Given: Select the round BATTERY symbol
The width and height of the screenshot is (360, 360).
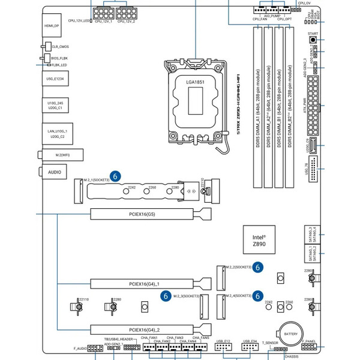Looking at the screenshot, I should (x=290, y=333).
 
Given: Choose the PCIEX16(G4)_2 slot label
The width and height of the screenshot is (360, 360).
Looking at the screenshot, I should (x=145, y=329).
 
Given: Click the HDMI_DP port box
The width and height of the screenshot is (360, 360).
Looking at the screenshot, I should (x=52, y=26).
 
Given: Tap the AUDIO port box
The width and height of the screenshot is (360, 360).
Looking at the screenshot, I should (x=55, y=172).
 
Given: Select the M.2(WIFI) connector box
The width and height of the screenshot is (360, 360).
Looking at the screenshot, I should (x=55, y=155).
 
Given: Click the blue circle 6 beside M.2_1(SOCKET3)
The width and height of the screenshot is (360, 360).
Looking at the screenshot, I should (x=116, y=176).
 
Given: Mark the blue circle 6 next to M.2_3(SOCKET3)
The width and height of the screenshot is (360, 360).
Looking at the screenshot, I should (x=166, y=296).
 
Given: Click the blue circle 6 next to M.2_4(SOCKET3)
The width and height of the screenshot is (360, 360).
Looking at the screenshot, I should (x=257, y=296).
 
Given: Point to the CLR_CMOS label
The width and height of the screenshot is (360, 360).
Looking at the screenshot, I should (x=61, y=46).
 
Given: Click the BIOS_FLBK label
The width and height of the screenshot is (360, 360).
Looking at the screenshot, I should (x=59, y=58).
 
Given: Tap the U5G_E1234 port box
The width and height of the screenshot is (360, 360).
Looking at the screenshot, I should (x=55, y=78).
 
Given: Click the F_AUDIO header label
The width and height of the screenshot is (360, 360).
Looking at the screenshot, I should (x=80, y=348).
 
